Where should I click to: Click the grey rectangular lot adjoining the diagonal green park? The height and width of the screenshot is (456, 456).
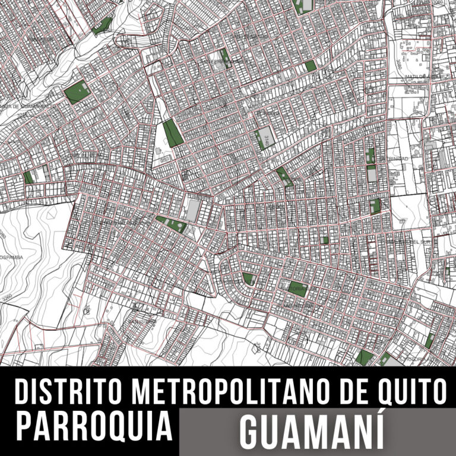194,208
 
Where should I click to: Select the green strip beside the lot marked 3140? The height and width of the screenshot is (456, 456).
259,140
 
